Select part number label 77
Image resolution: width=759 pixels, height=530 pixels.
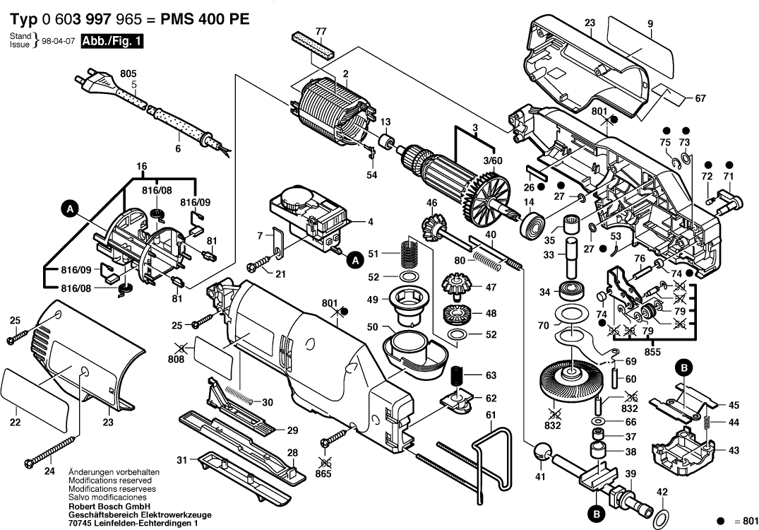point(321,31)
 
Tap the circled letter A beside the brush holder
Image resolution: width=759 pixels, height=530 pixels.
point(69,208)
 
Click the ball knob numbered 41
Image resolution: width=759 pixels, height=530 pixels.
point(541,451)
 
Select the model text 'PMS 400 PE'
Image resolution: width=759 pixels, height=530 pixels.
point(207,19)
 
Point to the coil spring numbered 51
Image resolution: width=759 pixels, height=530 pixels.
point(409,253)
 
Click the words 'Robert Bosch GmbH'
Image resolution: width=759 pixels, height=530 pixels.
point(108,507)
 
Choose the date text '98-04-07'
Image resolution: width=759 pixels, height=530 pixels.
point(59,42)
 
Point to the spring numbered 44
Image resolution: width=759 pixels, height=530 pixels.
point(707,423)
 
